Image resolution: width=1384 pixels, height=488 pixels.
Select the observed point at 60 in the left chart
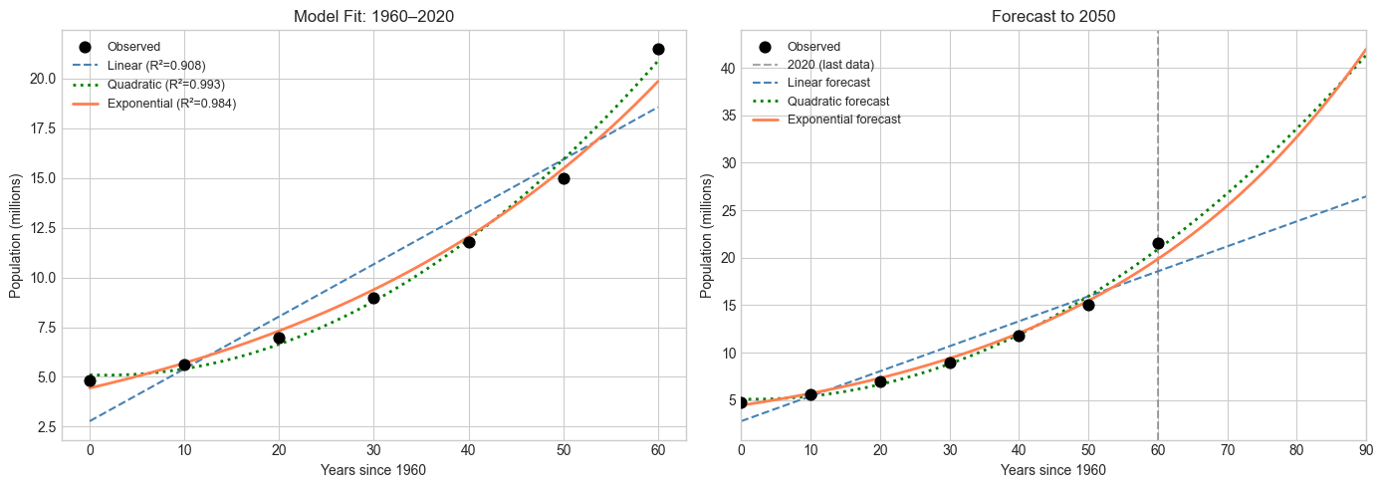(658, 49)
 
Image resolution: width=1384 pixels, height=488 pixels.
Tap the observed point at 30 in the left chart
(373, 298)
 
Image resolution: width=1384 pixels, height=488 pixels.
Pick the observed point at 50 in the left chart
(564, 178)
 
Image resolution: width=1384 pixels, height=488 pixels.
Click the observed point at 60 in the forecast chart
(1158, 243)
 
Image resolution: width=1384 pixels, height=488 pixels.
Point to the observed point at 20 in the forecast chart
(880, 381)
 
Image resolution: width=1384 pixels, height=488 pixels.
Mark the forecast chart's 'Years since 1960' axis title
(1053, 470)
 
